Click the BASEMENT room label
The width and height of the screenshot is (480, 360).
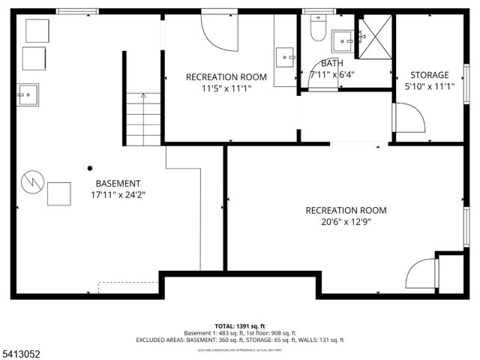(x=118, y=183)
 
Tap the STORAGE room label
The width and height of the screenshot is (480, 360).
(x=429, y=75)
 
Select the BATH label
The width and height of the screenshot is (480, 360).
(x=331, y=64)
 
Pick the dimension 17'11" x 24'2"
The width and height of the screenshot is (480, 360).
(x=118, y=195)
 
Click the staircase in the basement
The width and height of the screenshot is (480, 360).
(x=143, y=119)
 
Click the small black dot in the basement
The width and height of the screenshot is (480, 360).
(x=90, y=168)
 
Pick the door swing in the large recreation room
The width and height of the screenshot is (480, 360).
(x=422, y=274)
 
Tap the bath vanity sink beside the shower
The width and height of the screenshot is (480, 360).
(x=343, y=38)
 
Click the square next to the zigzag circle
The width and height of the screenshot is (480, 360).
(x=59, y=193)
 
